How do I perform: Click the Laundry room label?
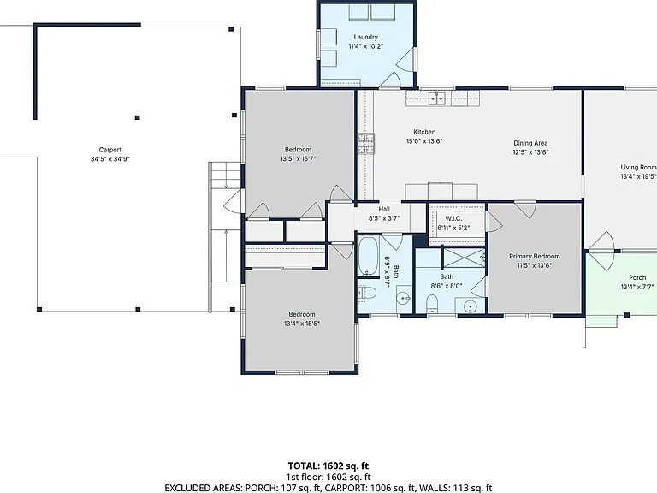point(365,37)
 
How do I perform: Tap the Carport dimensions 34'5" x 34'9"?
point(110,159)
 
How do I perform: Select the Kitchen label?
point(424,132)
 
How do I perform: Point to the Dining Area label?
point(530,143)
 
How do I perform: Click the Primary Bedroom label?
point(534,256)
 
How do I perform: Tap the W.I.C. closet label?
point(453,218)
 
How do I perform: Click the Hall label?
point(384,209)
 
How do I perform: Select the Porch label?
point(637,277)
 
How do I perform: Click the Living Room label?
point(638,167)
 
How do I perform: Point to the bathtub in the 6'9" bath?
point(369,256)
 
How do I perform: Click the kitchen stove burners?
point(366,144)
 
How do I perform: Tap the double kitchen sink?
point(437,98)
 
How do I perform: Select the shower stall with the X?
point(464,258)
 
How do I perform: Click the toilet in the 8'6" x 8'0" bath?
point(431,304)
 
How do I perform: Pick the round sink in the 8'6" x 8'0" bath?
point(471,307)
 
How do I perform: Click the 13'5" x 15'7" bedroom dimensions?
point(298,159)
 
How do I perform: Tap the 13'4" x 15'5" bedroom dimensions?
point(302,324)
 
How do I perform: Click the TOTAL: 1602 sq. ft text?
point(328,466)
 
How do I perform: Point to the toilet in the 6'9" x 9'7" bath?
point(367,292)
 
